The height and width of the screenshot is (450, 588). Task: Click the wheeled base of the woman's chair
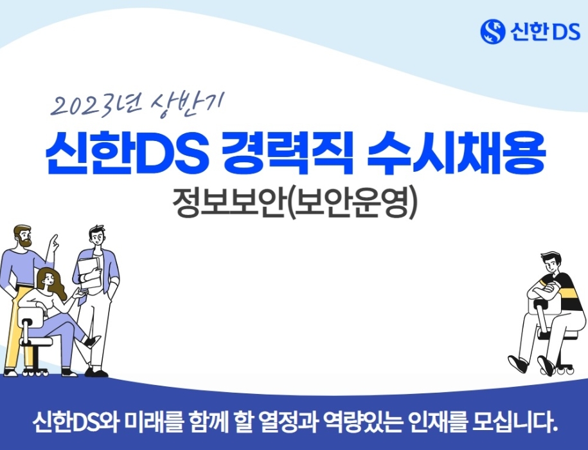coord(32,372)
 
